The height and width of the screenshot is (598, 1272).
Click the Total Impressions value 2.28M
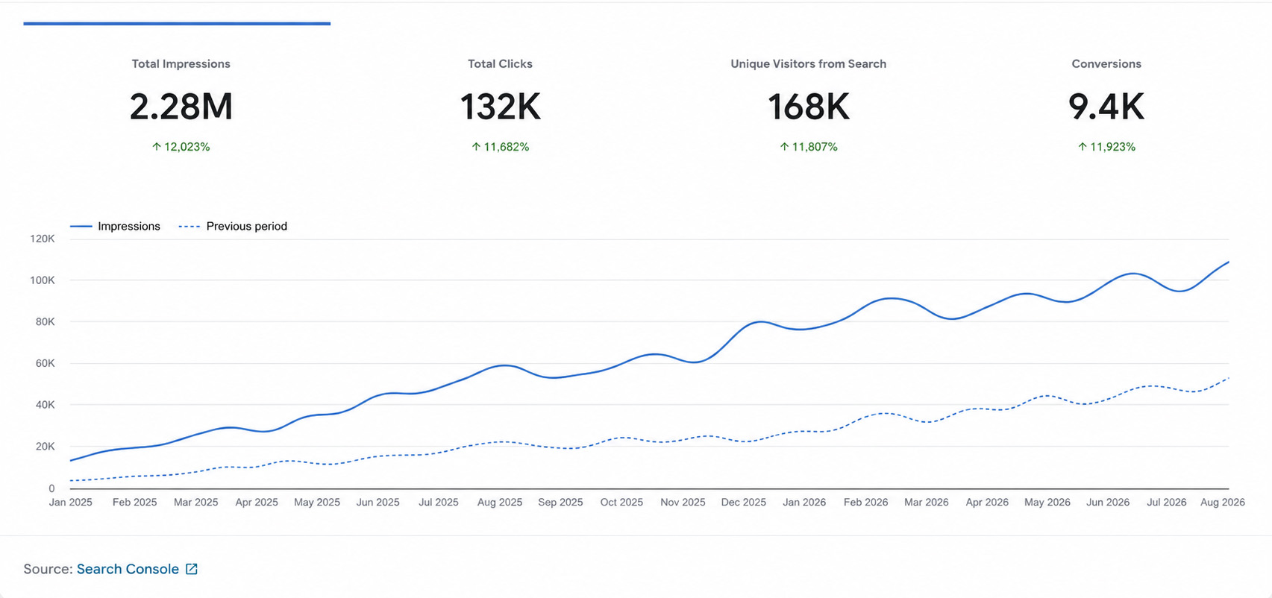[x=181, y=107]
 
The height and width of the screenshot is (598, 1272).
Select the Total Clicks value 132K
[x=501, y=107]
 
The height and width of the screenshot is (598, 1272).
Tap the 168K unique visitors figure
[x=809, y=107]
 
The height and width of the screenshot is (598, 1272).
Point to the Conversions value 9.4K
[x=1106, y=107]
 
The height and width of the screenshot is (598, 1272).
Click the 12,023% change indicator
[x=181, y=147]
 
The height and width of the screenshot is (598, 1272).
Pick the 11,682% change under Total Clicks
[x=501, y=147]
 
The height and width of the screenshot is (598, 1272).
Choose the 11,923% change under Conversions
[x=1107, y=147]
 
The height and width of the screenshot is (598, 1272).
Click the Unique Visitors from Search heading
[x=809, y=64]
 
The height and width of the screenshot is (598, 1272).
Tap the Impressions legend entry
[x=116, y=227]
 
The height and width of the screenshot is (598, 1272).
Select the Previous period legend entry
[x=233, y=227]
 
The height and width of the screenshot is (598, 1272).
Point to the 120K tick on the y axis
[x=43, y=239]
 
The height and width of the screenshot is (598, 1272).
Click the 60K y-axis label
[x=46, y=363]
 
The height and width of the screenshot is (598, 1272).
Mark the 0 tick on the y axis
[x=51, y=488]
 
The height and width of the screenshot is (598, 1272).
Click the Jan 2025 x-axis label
[x=70, y=502]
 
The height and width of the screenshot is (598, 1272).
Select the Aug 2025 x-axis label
[x=500, y=502]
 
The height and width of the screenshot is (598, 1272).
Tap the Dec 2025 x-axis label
[x=743, y=502]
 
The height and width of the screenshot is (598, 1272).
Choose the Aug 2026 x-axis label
[x=1223, y=502]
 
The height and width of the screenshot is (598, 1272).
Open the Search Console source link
[x=128, y=569]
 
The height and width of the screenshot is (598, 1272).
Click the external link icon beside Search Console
[x=192, y=569]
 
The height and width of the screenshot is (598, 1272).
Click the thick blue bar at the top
[x=177, y=24]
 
